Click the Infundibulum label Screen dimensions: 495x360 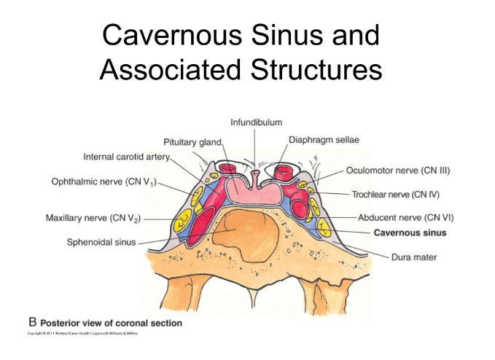tap(256, 122)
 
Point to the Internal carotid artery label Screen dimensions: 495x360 tap(126, 156)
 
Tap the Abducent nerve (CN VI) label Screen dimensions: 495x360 tap(401, 217)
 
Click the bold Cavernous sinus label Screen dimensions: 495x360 tap(410, 233)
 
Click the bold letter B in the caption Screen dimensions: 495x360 tap(32, 321)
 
